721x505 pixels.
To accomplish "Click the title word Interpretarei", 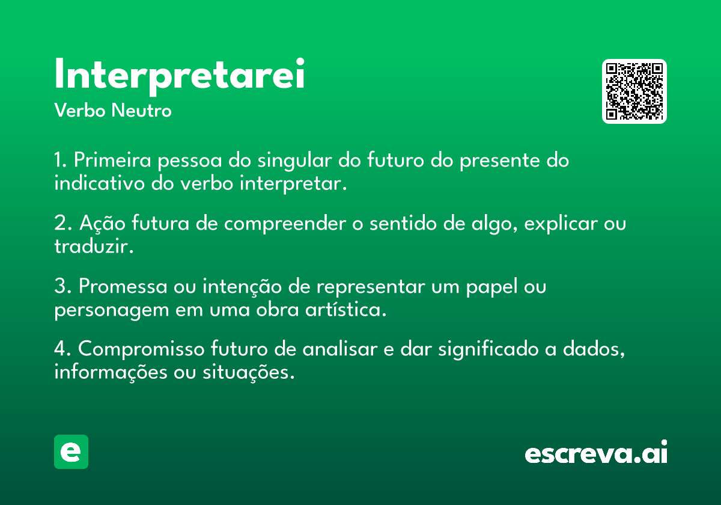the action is tap(179, 76).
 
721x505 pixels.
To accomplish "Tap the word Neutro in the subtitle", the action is tap(141, 111).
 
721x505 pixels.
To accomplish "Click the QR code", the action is tap(634, 91).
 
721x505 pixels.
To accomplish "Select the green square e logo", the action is tap(71, 451).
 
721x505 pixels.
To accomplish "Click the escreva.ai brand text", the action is tap(596, 452).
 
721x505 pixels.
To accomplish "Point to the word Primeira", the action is tap(112, 160).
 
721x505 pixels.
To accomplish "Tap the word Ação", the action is tap(102, 224).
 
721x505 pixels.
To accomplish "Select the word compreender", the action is tap(285, 224).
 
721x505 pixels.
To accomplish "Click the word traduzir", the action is tap(94, 246).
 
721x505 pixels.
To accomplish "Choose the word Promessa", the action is tap(123, 286).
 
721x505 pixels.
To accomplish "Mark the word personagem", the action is tap(112, 310).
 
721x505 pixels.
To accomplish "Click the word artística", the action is tap(345, 310).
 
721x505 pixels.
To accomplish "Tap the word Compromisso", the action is tap(141, 349).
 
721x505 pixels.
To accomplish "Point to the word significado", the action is tap(488, 349).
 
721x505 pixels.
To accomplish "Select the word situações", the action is tap(249, 372).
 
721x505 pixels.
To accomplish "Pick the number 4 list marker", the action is tap(62, 349).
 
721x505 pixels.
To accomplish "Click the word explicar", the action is tap(561, 224).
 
